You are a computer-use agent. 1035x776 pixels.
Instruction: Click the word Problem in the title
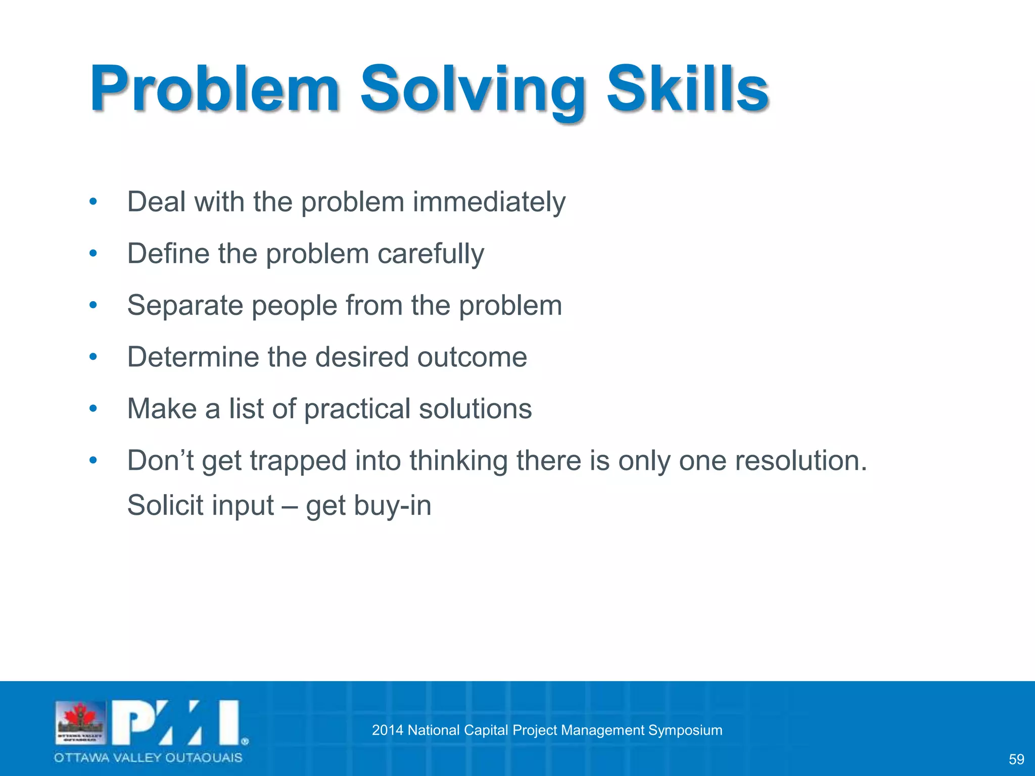[x=214, y=89]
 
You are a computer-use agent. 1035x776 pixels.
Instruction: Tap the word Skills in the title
[x=687, y=89]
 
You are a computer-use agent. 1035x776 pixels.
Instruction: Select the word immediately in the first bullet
[x=489, y=202]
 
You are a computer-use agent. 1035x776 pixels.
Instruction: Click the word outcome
[x=472, y=357]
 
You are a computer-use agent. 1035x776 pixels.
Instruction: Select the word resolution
[x=801, y=461]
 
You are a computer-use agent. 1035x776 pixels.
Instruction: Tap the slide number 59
[x=1016, y=759]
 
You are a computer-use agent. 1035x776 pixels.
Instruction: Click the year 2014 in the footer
[x=388, y=730]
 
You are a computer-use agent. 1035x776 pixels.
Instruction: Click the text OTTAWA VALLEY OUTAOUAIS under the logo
[x=148, y=758]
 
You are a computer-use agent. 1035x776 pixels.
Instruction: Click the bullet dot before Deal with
[x=92, y=202]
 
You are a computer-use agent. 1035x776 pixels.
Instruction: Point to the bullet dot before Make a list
[x=92, y=409]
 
